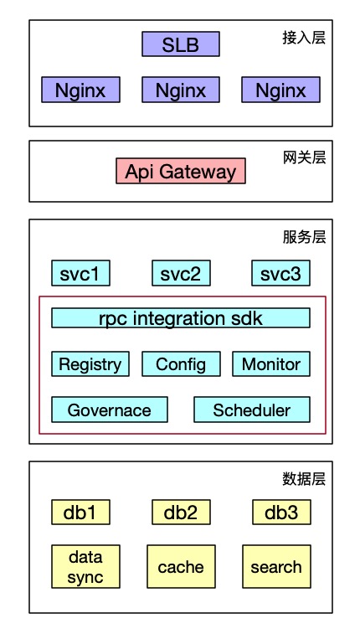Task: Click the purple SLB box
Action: tap(181, 44)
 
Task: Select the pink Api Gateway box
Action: tap(181, 171)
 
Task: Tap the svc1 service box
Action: tap(80, 273)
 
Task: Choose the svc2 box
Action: tap(181, 273)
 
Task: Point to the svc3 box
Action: tap(280, 273)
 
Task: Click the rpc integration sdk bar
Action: tap(181, 318)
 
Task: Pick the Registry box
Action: tap(90, 364)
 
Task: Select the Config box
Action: tap(181, 364)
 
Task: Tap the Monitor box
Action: tap(271, 364)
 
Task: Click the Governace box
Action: tap(110, 410)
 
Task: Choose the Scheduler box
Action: tap(252, 410)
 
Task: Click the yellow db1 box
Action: tap(80, 513)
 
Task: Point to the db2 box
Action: tap(181, 513)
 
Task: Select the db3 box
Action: tap(281, 513)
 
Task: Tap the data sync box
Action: tap(85, 566)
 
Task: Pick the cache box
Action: tap(181, 566)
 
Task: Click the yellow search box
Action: tap(276, 566)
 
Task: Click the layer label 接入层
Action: tap(304, 38)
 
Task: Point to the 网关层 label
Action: tap(304, 157)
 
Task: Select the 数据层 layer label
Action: tap(304, 479)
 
